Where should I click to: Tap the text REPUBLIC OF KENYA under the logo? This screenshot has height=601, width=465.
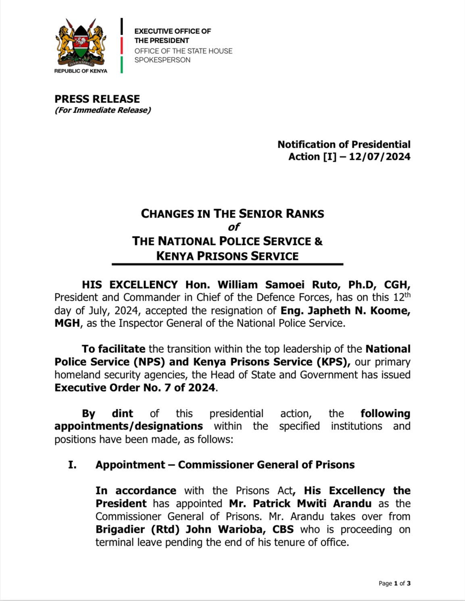81,71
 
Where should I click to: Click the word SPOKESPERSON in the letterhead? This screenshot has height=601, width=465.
162,60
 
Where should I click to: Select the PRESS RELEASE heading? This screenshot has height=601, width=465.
97,99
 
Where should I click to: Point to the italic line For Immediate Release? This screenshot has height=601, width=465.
103,110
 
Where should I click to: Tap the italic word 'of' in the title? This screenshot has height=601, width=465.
234,227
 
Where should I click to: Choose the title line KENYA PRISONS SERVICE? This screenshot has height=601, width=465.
227,256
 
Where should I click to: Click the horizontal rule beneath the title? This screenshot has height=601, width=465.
227,264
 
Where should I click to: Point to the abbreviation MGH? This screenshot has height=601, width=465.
67,324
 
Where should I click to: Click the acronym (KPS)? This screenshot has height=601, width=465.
333,362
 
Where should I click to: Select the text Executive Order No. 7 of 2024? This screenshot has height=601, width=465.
135,388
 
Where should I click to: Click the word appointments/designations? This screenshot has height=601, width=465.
129,426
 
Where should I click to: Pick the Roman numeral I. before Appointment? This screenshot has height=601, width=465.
72,465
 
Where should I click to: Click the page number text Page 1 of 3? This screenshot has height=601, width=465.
394,583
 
